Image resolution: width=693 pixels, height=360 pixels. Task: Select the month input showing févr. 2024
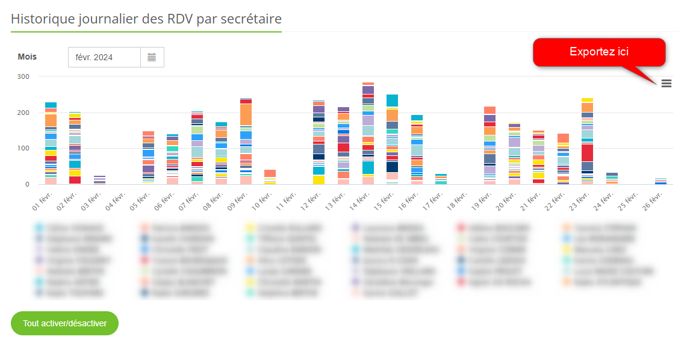104,57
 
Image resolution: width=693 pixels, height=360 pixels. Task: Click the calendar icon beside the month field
152,57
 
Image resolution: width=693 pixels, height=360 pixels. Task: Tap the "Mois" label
27,57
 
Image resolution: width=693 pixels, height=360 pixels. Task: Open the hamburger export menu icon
667,84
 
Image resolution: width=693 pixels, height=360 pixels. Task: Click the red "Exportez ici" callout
598,52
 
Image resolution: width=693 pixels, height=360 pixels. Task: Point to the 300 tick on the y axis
23,76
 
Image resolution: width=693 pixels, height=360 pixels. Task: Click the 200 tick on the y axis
23,113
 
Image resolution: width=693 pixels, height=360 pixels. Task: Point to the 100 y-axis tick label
23,148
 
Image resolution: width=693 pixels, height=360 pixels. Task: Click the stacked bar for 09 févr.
246,141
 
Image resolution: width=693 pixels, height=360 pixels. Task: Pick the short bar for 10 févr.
270,177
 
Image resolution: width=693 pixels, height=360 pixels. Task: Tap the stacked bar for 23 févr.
587,141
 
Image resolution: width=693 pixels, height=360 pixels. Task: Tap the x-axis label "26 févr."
654,199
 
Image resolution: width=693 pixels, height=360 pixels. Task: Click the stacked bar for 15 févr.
392,139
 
